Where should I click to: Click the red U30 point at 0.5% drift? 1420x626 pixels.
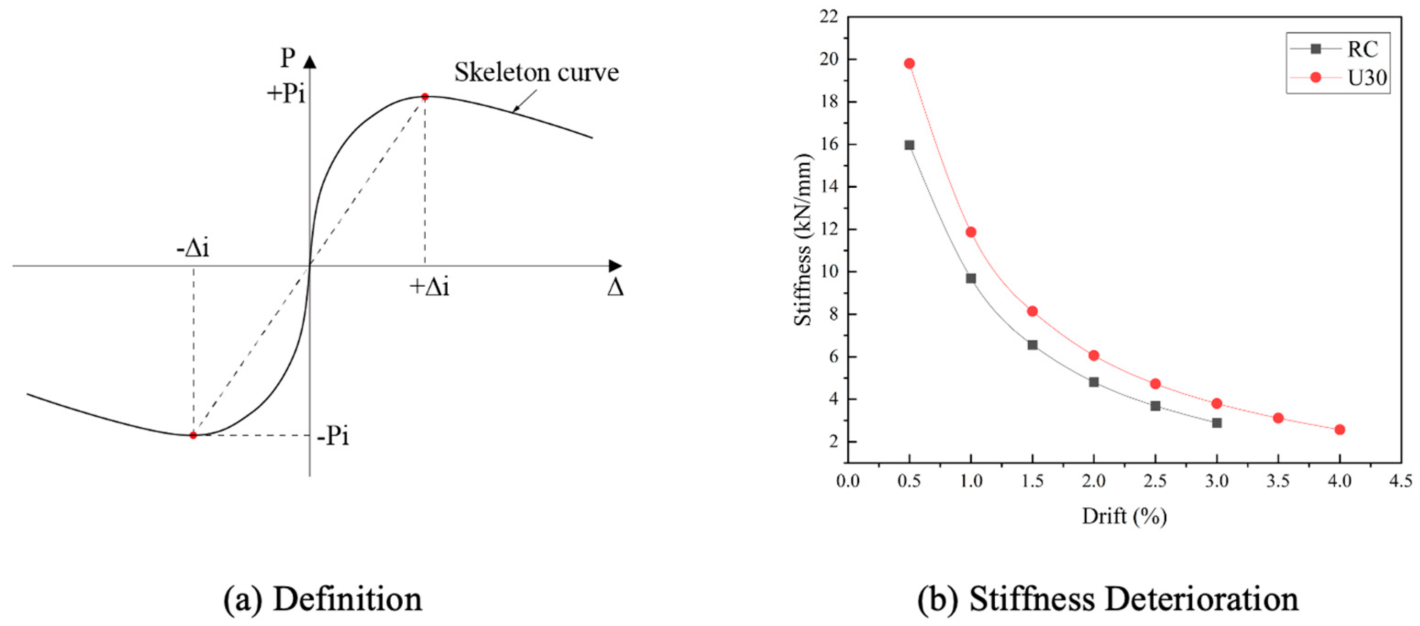909,63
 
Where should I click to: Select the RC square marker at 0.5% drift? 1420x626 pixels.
909,145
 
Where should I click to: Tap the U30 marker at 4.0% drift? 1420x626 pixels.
1339,429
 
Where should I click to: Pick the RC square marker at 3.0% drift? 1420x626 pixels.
1217,423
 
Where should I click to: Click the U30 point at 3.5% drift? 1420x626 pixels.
1278,418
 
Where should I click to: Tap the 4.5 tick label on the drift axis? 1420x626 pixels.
1401,480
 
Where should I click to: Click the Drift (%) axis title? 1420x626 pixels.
1124,517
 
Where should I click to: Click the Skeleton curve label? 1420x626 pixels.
536,72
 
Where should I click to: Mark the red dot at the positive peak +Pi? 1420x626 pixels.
424,97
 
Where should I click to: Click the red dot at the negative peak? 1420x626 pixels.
193,435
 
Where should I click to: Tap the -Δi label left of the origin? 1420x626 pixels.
193,249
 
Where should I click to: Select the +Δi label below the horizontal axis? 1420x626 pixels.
429,287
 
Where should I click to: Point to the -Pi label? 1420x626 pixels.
333,436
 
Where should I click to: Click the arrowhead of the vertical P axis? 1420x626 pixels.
310,62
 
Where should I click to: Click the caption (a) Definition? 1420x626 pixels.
323,599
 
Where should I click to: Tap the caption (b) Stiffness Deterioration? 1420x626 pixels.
1108,599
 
